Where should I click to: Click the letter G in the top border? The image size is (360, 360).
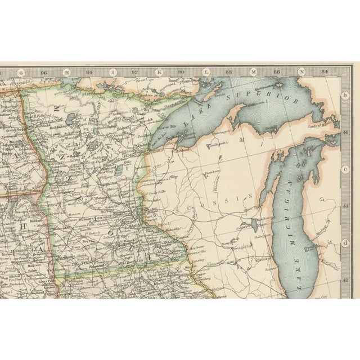20,72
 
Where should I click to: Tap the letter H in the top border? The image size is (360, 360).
66,72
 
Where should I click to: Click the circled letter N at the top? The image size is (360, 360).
301,72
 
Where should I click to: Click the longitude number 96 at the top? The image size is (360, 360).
44,72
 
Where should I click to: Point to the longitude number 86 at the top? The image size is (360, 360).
277,72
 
